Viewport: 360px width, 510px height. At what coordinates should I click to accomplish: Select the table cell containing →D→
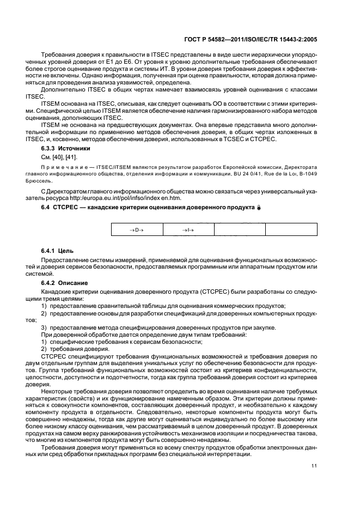click(x=136, y=230)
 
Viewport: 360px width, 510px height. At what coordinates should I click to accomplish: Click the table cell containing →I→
click(x=188, y=230)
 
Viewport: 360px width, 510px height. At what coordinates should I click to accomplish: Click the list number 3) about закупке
click(x=45, y=327)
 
